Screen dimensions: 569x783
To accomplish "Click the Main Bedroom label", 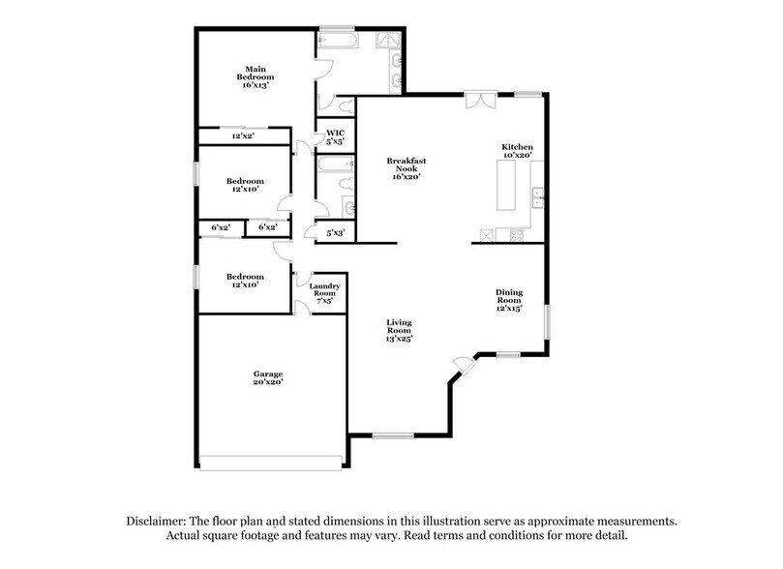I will pos(256,77).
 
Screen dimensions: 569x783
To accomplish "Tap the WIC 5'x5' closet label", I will pos(335,137).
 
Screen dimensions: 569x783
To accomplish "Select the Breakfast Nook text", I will pos(407,168).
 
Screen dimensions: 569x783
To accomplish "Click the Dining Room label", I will pos(509,300).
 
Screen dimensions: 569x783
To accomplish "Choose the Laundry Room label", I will pos(323,293).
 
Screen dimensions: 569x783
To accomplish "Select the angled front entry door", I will pos(462,366).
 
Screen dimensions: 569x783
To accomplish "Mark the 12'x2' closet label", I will pos(244,136).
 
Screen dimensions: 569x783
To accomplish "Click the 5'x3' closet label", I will pos(336,232).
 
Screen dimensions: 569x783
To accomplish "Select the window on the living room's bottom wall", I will pos(387,435).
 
